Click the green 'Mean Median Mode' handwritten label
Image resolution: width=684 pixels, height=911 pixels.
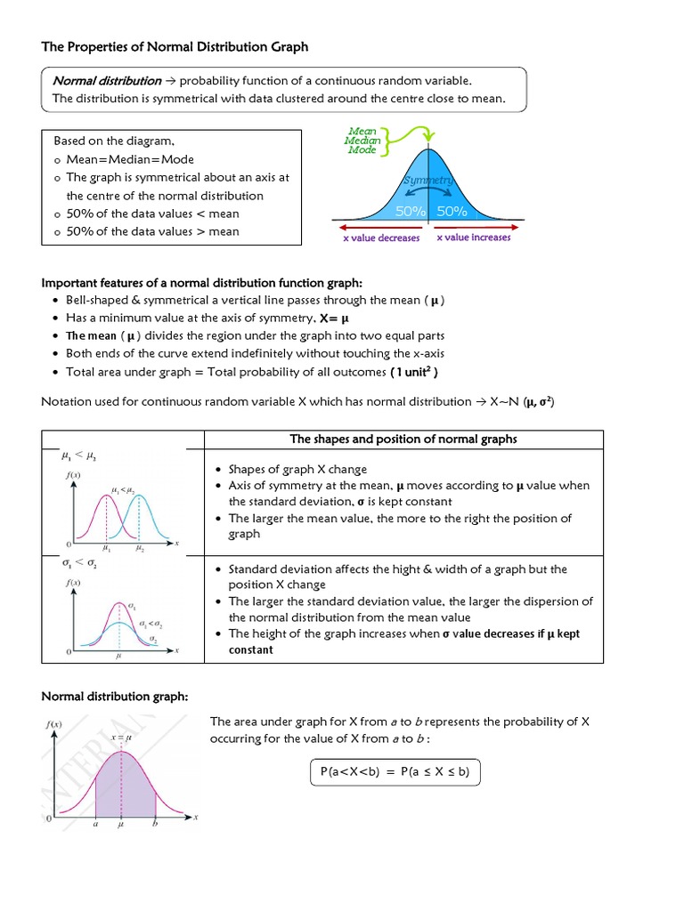363,141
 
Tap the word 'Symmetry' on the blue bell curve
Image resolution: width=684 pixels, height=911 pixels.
428,181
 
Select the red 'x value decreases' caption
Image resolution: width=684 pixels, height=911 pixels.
381,238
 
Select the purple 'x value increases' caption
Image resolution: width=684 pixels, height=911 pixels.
474,237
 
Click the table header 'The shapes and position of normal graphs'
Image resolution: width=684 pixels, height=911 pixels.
403,439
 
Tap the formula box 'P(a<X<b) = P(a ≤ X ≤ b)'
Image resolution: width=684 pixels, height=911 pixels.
395,772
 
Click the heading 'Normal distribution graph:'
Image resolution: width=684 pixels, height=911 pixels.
115,696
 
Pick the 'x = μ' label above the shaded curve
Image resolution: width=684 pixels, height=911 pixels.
121,738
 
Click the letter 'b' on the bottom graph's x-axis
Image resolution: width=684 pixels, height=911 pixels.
155,824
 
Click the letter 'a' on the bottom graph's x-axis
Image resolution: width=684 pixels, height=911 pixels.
94,824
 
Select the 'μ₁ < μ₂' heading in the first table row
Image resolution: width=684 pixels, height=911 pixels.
77,456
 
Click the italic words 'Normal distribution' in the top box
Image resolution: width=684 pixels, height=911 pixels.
107,81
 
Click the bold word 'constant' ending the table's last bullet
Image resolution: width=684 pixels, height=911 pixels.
251,649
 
